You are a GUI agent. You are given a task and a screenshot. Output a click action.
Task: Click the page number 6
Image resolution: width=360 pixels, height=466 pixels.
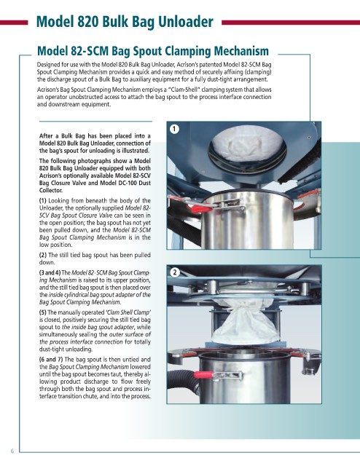coord(12,451)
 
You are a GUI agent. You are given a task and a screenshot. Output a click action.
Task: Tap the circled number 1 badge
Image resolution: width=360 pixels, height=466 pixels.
coord(174,129)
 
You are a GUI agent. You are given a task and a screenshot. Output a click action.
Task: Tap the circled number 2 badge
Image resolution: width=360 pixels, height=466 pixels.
coord(175,272)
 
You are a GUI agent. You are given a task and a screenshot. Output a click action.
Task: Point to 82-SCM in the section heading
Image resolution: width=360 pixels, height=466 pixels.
coord(90,51)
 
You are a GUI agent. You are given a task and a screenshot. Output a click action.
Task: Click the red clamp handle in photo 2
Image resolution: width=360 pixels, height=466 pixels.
coord(203,374)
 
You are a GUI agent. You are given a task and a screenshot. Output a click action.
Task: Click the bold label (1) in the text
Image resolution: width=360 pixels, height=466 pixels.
coord(43,201)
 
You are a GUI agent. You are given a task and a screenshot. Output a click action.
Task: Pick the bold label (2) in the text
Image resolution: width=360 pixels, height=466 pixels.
coord(43,255)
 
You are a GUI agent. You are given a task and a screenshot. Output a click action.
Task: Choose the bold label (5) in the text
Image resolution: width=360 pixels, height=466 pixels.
coord(43,312)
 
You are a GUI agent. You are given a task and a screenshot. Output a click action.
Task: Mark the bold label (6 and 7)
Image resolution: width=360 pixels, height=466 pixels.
coord(50,359)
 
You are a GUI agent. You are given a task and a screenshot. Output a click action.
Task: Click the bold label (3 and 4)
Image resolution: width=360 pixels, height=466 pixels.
coord(50,272)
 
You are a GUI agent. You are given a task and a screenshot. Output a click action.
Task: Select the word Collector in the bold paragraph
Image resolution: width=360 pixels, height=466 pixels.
coord(51,190)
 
